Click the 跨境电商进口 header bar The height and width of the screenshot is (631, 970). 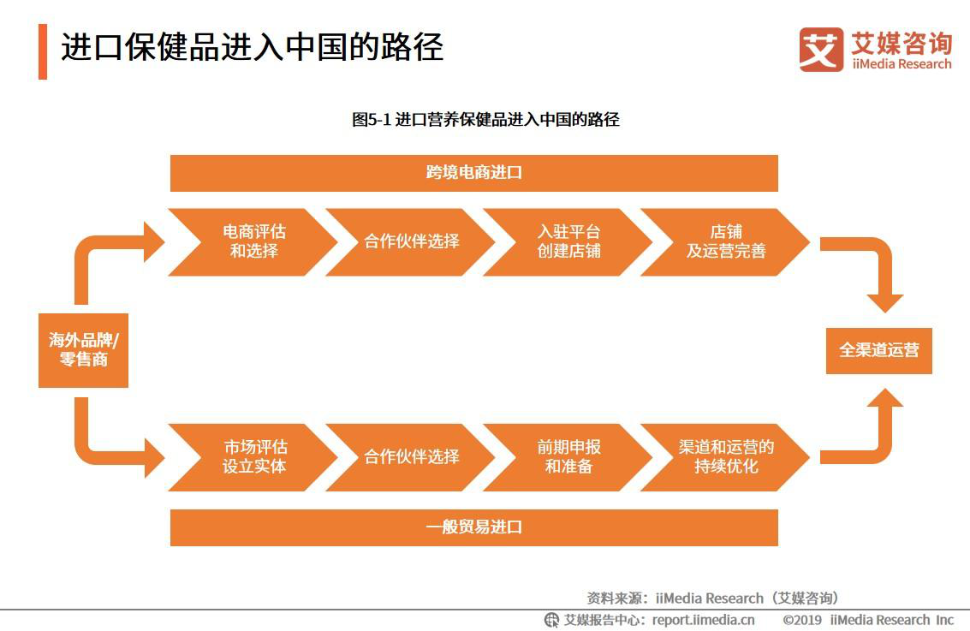[473, 173]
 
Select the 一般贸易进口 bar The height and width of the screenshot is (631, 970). [473, 527]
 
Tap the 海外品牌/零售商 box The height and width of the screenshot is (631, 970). [84, 350]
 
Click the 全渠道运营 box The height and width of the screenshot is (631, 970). [879, 351]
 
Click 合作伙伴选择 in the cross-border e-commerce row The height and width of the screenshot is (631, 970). [411, 242]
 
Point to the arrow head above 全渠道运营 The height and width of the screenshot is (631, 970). [885, 303]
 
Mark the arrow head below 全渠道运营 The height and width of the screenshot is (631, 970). [885, 398]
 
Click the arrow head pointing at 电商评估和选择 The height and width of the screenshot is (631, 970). [154, 242]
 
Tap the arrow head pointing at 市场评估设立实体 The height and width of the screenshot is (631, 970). [154, 458]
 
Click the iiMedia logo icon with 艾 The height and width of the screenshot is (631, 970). [821, 50]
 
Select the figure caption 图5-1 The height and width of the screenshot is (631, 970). [372, 119]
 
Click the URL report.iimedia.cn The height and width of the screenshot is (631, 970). [704, 620]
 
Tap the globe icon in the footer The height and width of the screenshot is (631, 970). [551, 620]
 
